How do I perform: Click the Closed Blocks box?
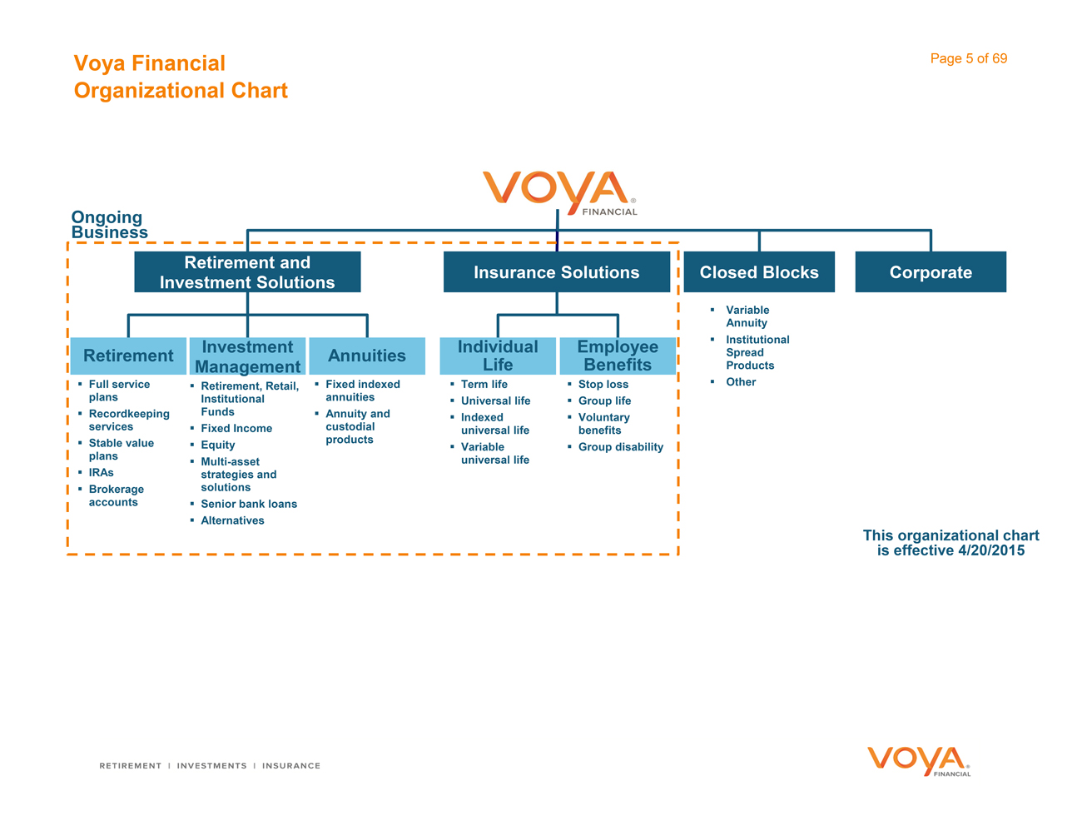pyautogui.click(x=759, y=272)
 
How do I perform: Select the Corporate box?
pyautogui.click(x=931, y=272)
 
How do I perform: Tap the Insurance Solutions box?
pyautogui.click(x=556, y=272)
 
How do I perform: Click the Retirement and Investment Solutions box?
pyautogui.click(x=247, y=272)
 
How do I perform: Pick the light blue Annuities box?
pyautogui.click(x=367, y=356)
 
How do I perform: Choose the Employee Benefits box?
pyautogui.click(x=618, y=356)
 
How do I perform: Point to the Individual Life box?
pyautogui.click(x=498, y=356)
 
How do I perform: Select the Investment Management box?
pyautogui.click(x=247, y=356)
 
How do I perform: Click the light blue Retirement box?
pyautogui.click(x=128, y=356)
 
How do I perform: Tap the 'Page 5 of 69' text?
pyautogui.click(x=969, y=58)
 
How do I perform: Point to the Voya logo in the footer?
pyautogui.click(x=919, y=761)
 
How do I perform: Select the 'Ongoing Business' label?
pyautogui.click(x=109, y=225)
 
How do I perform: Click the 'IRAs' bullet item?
pyautogui.click(x=101, y=473)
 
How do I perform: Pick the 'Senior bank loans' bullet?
pyautogui.click(x=249, y=504)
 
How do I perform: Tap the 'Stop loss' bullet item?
pyautogui.click(x=603, y=385)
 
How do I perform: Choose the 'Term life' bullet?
pyautogui.click(x=484, y=385)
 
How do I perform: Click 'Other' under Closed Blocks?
pyautogui.click(x=741, y=382)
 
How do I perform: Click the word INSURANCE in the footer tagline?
pyautogui.click(x=291, y=766)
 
